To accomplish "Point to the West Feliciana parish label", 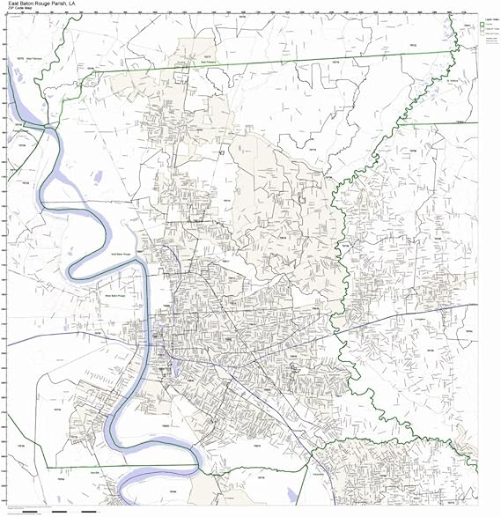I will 33,58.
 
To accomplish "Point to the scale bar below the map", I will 53,511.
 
